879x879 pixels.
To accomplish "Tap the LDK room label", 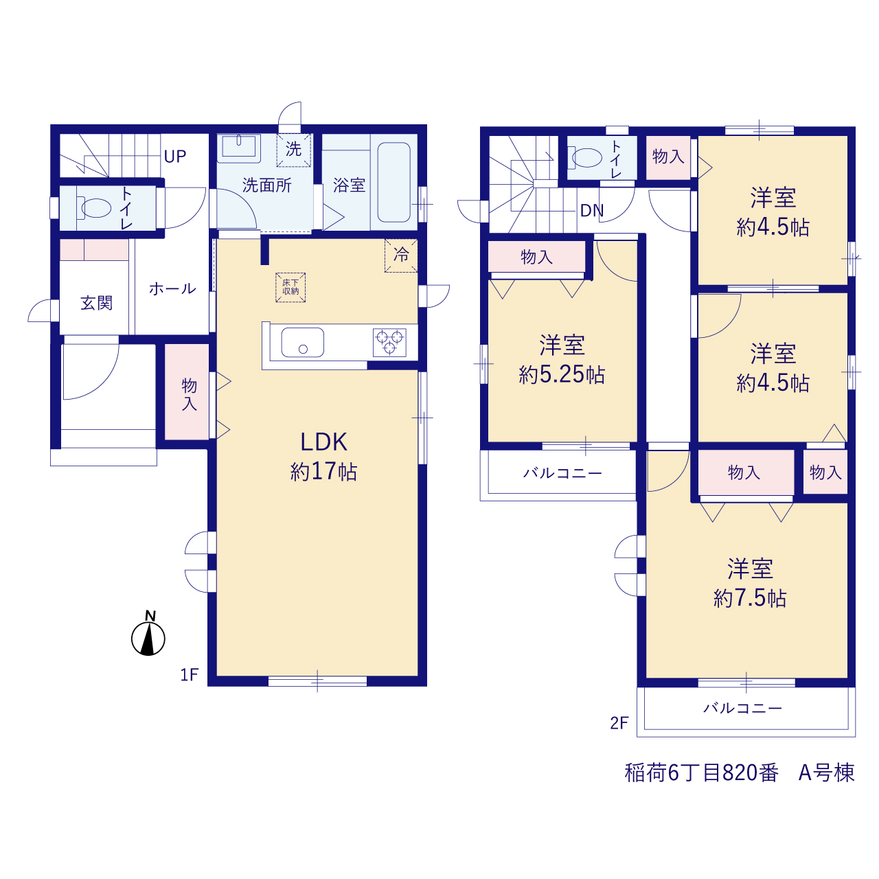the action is [324, 442].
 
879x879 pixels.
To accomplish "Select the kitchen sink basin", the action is [302, 343].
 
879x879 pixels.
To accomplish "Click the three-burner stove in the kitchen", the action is [389, 343].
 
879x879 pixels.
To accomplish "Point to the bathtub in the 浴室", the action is [393, 183].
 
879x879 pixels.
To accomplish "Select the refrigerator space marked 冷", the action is [401, 255].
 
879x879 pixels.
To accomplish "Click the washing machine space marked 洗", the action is [294, 150].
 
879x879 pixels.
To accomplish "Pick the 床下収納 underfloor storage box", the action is [290, 287].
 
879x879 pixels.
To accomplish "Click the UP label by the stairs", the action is [175, 157].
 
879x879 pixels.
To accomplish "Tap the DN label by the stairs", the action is [592, 210].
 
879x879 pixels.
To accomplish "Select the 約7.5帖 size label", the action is [750, 598].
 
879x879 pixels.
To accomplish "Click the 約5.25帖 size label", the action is [562, 374].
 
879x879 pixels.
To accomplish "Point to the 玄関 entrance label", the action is [97, 304].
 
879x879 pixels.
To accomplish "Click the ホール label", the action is [172, 288].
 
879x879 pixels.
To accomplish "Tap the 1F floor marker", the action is [190, 674].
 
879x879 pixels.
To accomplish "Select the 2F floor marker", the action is [619, 723].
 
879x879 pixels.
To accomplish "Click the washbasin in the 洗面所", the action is [238, 146].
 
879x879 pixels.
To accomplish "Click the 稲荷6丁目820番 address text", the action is [701, 773].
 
